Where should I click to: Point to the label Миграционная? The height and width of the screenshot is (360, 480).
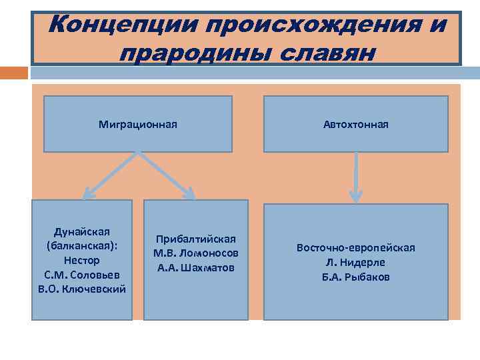[x=138, y=124]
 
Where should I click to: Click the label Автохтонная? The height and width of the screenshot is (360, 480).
[x=356, y=124]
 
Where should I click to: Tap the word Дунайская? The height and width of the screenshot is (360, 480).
[x=82, y=231]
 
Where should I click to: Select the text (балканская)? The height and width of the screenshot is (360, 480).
[x=82, y=245]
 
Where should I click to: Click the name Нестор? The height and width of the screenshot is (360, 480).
[x=82, y=260]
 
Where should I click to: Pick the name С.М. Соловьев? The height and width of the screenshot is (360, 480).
[x=82, y=275]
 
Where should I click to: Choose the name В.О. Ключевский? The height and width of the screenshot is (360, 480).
[x=82, y=289]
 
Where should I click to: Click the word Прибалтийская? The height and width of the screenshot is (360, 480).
[x=196, y=239]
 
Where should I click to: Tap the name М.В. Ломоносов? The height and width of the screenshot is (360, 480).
[x=196, y=253]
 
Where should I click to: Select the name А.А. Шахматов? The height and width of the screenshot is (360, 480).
[x=196, y=268]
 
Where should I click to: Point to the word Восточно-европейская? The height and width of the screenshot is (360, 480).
[x=356, y=247]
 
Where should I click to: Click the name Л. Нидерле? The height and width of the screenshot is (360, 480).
[x=356, y=262]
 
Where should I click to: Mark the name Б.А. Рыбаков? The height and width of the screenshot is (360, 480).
[x=356, y=277]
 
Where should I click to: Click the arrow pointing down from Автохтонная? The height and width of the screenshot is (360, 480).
[x=356, y=177]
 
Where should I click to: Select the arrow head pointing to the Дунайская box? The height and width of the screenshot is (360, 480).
[x=89, y=194]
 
